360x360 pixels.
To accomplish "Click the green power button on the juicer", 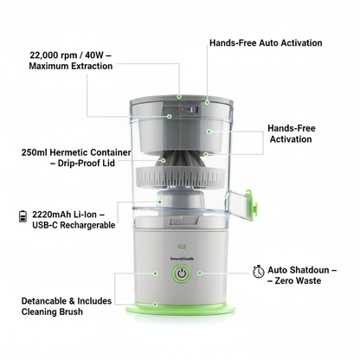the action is point(182,273).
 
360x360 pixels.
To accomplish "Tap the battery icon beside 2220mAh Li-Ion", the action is point(22,216).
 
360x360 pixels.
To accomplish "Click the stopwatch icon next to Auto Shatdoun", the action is point(258,271).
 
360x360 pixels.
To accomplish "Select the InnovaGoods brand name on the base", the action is point(182,259).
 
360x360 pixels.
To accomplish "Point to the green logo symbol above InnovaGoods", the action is point(182,247).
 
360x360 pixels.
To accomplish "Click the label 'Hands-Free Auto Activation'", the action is point(266,43).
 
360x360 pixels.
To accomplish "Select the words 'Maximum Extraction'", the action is point(71,66).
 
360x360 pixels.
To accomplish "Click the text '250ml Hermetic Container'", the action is point(76,152).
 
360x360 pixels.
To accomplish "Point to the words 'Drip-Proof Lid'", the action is point(87,163).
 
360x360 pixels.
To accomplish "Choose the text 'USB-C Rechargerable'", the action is point(74,225).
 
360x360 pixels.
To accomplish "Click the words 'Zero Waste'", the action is point(298,280).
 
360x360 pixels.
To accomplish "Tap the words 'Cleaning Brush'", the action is point(52,312).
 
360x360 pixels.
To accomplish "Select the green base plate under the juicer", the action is point(180,309).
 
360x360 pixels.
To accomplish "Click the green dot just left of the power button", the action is point(155,273).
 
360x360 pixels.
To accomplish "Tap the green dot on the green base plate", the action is point(155,305).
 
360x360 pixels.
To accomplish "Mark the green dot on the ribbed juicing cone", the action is point(164,160).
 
